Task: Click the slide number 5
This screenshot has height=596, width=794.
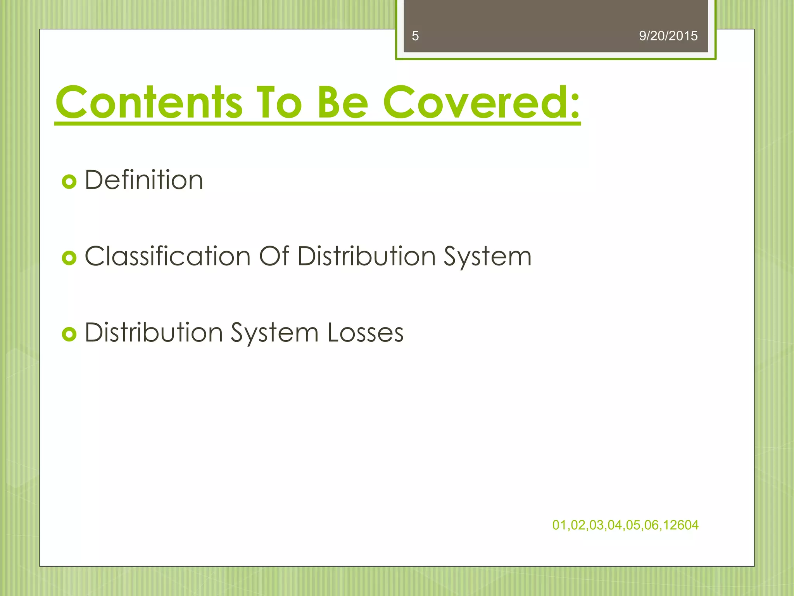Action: click(415, 36)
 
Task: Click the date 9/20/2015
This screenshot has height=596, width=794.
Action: click(668, 36)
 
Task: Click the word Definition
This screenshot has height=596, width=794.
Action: click(144, 180)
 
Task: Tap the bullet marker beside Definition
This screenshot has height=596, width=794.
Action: click(69, 182)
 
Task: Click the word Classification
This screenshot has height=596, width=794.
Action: click(167, 256)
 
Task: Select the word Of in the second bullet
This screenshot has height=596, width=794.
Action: click(274, 256)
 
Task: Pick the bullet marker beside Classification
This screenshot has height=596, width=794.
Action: click(69, 258)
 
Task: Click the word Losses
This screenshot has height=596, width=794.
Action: click(365, 333)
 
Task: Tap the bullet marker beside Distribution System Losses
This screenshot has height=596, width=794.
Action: click(69, 334)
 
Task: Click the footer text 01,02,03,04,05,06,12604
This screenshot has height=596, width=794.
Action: click(625, 525)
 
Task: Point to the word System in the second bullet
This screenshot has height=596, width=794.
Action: click(487, 257)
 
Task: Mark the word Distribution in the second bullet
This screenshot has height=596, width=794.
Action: click(367, 256)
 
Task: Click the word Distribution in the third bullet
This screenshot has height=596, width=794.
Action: click(154, 333)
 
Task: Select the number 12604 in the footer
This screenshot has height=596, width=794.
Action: click(681, 525)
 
